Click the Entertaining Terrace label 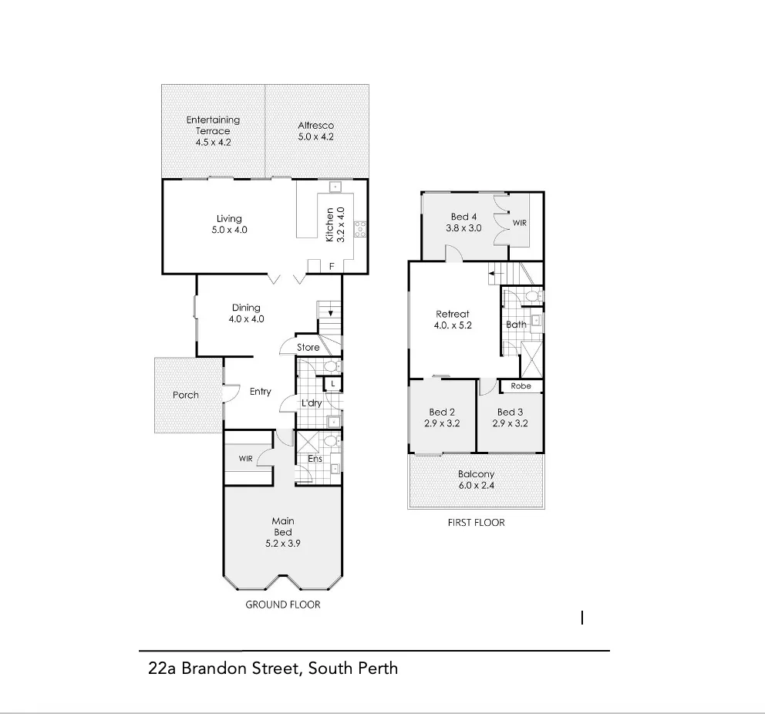(213, 126)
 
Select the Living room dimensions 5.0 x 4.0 (229, 230)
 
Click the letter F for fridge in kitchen (332, 267)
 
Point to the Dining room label (246, 308)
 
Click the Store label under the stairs (308, 348)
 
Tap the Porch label (185, 395)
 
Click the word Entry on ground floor (261, 392)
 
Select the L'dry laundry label (311, 403)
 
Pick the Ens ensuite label (315, 460)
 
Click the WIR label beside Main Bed (245, 459)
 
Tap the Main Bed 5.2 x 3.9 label (283, 532)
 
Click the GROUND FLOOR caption (282, 605)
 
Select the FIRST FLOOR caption (476, 522)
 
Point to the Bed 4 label (464, 217)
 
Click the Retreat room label (453, 314)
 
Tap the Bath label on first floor (516, 325)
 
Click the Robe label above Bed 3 (521, 386)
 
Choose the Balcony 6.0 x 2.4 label (476, 474)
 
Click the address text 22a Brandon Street (272, 668)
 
